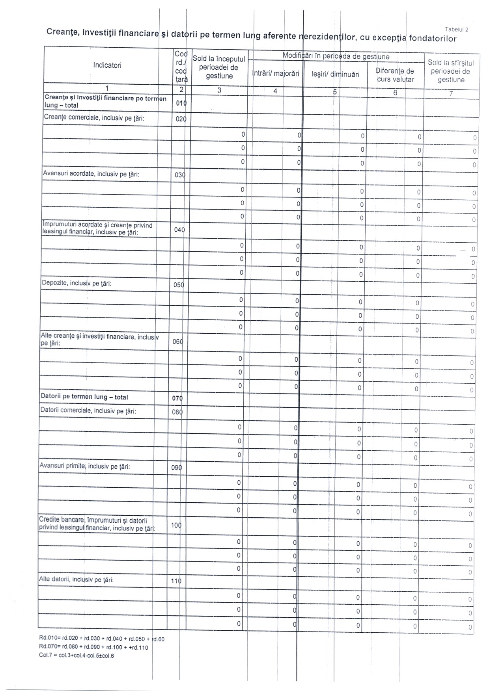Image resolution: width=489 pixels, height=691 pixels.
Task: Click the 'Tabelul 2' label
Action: coord(456,29)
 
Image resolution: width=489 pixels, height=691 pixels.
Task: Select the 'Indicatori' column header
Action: coord(107,65)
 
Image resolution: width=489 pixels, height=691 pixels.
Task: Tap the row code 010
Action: coord(181,103)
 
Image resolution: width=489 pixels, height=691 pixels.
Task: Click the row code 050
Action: coord(179,285)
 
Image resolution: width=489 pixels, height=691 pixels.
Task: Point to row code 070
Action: coord(177,398)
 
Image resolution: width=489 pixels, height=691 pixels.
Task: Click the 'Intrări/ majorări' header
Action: coord(276,74)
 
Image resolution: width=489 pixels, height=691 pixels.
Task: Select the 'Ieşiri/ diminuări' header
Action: coord(335,74)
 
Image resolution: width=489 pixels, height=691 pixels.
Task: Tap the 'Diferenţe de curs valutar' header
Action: coord(395,75)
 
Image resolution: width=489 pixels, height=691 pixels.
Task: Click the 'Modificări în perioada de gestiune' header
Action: coord(336,57)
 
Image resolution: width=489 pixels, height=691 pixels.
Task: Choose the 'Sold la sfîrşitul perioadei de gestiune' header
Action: coord(451,71)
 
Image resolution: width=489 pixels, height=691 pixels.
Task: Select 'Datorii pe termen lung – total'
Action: coord(84,397)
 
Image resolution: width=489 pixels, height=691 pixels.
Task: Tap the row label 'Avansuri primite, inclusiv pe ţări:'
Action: coord(85,466)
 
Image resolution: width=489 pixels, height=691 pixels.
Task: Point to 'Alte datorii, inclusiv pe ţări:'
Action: coord(77,580)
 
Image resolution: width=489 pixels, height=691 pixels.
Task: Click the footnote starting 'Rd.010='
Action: coord(101,639)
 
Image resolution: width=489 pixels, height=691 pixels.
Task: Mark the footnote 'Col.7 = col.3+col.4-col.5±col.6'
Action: coord(77,656)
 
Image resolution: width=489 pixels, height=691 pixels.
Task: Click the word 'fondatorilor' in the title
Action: coord(433,39)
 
